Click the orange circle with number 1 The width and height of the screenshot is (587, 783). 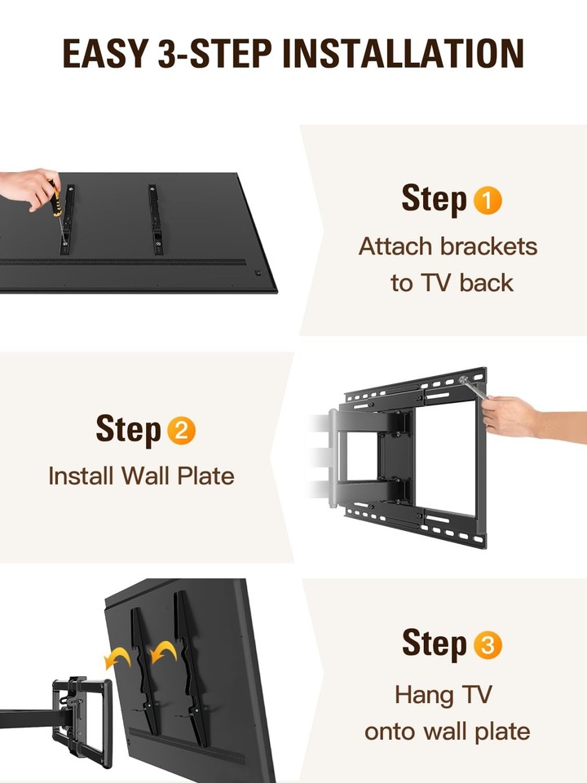click(x=488, y=201)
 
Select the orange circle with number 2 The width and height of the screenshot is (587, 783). click(x=181, y=431)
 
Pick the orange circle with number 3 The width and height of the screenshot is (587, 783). click(x=488, y=645)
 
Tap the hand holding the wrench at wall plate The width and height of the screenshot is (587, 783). click(x=514, y=417)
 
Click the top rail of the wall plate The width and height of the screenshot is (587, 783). click(x=416, y=387)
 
